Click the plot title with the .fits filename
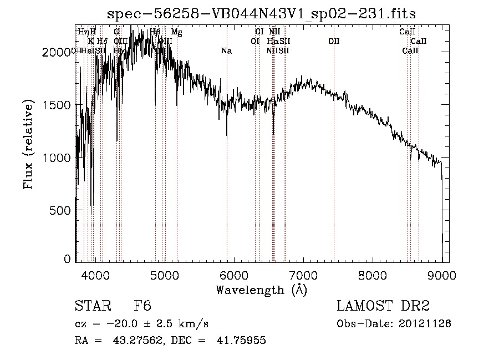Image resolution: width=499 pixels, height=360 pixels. (x=261, y=13)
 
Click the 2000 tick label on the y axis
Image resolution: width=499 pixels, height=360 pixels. (x=57, y=52)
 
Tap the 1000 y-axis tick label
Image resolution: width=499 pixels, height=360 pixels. (x=57, y=158)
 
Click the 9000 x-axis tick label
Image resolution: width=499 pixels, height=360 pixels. (x=442, y=275)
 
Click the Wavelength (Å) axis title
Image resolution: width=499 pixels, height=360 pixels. (x=261, y=290)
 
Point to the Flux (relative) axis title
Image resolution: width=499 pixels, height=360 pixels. (x=28, y=144)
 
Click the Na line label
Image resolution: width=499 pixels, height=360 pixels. (x=226, y=51)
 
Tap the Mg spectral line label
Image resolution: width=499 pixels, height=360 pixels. (x=176, y=32)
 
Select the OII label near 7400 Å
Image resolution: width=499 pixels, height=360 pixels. (x=334, y=41)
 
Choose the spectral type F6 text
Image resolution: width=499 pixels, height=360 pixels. (x=142, y=306)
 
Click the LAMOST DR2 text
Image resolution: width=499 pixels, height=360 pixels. (x=384, y=306)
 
